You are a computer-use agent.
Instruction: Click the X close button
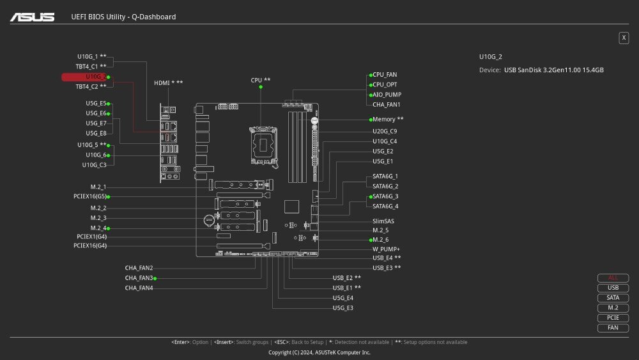click(624, 38)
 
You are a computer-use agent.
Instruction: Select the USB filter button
click(613, 288)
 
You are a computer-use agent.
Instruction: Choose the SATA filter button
click(613, 298)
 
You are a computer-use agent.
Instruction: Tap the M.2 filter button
click(613, 308)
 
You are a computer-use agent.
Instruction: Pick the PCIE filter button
click(613, 318)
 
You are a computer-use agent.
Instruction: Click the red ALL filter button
click(613, 278)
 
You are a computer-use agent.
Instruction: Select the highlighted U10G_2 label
click(95, 77)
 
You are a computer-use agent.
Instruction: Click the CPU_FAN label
click(385, 75)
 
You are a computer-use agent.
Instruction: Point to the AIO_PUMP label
click(387, 95)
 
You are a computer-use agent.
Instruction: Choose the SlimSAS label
click(383, 221)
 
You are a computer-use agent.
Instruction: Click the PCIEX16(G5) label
click(89, 197)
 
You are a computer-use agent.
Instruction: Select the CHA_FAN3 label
click(139, 278)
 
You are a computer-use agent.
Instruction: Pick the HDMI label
click(168, 83)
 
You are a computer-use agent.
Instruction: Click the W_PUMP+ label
click(386, 249)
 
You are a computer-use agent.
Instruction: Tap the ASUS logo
click(32, 17)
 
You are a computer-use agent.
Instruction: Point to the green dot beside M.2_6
click(370, 240)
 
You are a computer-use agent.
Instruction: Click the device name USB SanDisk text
click(553, 70)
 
